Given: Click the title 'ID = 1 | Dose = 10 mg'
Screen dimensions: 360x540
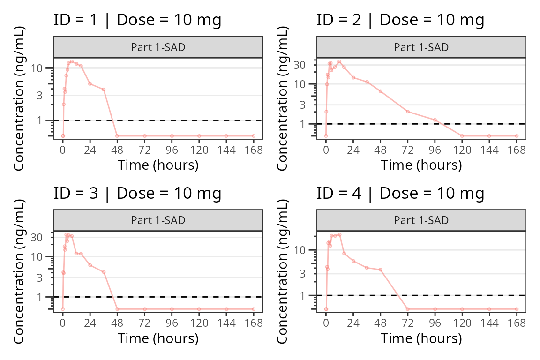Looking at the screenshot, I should [137, 20].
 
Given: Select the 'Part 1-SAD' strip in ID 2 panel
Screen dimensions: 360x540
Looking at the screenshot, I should [421, 47].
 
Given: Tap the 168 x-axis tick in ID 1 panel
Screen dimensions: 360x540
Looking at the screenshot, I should [254, 150].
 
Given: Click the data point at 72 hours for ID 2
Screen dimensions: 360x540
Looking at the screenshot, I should [408, 112].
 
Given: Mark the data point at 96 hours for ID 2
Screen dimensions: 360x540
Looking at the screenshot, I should [435, 120].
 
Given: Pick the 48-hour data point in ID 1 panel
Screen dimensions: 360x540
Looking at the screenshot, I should [117, 136].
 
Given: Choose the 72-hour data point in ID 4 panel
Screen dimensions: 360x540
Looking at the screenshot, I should [408, 309].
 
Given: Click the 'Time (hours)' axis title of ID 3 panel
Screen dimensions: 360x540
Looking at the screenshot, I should [158, 338].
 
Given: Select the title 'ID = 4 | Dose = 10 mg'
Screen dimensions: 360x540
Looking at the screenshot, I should [400, 193].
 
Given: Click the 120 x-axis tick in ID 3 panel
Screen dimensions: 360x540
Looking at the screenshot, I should [199, 323].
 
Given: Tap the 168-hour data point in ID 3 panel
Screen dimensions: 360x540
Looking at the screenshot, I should [254, 309].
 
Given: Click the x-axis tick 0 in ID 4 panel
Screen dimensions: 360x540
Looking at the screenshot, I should [326, 323].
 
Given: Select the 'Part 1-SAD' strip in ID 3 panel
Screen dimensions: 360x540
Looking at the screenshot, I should [158, 220].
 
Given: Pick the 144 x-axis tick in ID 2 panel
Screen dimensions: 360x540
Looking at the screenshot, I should [489, 150].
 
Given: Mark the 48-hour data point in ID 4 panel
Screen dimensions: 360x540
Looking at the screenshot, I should [381, 270].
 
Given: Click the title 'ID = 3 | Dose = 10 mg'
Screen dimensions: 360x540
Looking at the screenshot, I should [137, 193].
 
